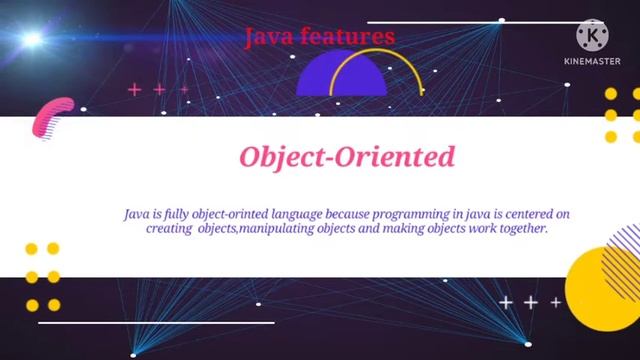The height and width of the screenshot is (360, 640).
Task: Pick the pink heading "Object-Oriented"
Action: [346, 157]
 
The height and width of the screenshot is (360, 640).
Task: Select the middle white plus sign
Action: [530, 302]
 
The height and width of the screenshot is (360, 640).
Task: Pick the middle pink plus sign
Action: [159, 90]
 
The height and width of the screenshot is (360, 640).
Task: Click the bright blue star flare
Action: [31, 40]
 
